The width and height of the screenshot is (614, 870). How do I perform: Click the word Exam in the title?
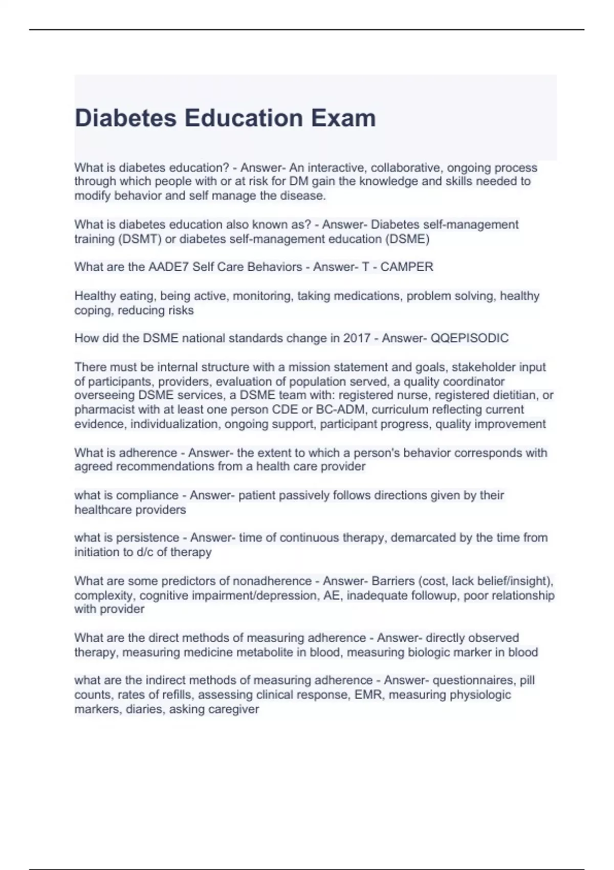click(343, 118)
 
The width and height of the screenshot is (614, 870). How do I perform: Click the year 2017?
click(357, 338)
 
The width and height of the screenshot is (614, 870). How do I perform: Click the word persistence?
click(148, 538)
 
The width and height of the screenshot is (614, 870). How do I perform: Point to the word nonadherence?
click(272, 581)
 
